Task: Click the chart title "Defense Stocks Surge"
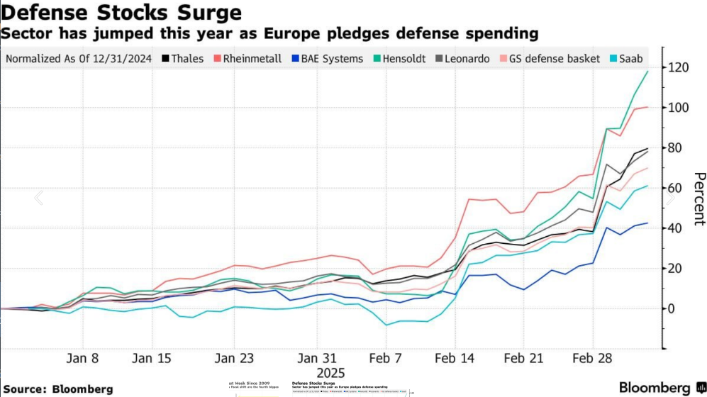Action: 121,13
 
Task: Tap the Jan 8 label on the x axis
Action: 84,358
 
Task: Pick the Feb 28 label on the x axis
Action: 591,358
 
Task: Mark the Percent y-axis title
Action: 699,198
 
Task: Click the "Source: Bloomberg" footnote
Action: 57,389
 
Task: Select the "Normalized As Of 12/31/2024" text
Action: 79,59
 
